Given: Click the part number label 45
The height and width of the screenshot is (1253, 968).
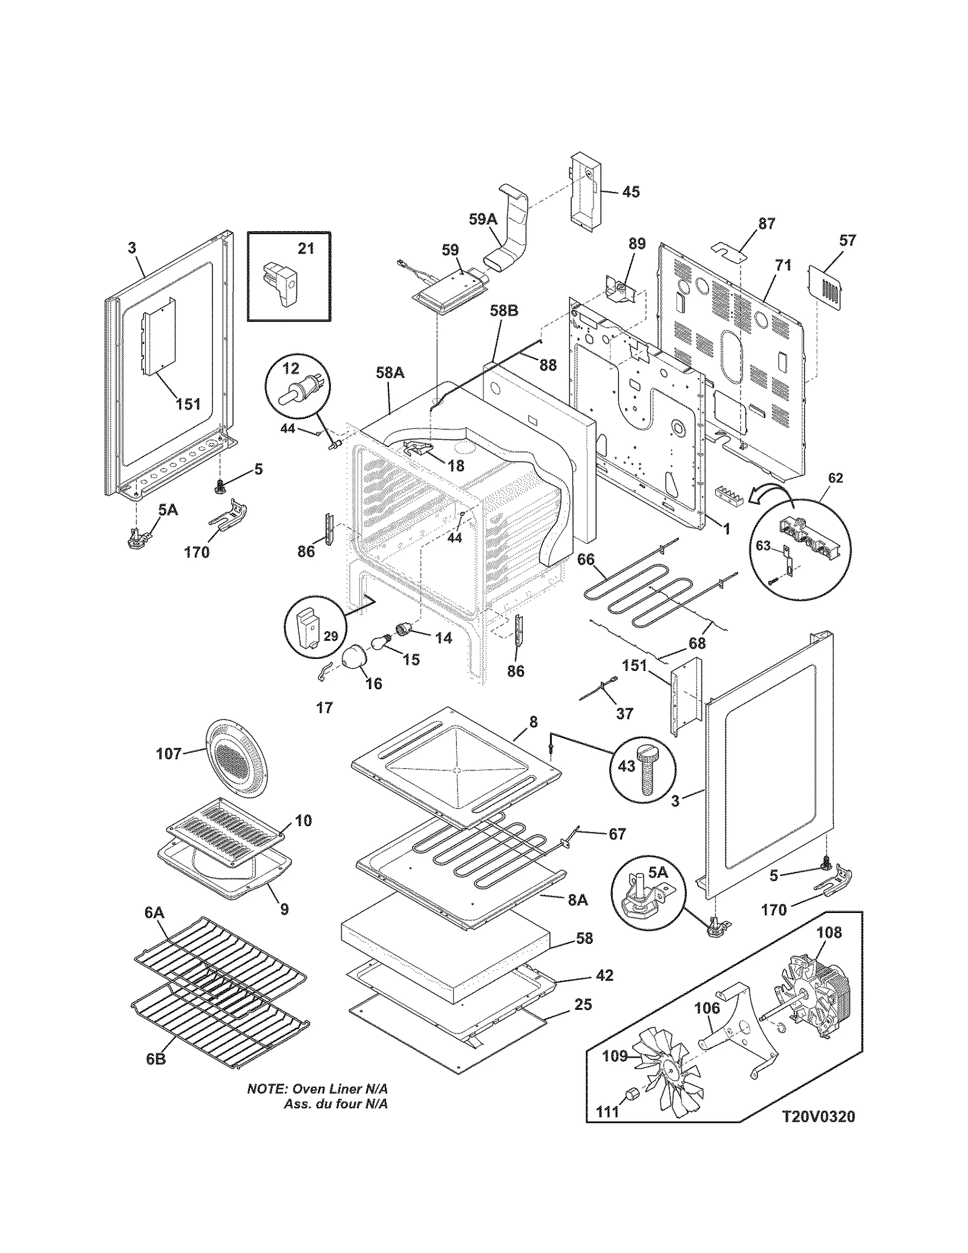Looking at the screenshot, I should (x=630, y=192).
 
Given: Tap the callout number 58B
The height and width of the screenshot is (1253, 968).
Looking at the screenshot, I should (x=503, y=311).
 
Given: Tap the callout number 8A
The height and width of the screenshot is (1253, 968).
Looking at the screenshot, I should (x=577, y=900).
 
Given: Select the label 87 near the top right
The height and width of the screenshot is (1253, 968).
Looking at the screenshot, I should (x=767, y=223).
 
